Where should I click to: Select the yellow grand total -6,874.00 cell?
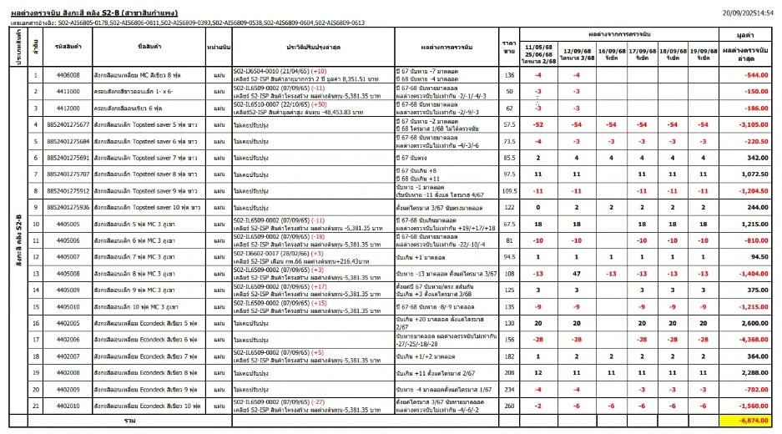point(749,421)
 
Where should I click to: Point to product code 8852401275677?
point(67,124)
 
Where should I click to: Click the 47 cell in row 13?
point(574,273)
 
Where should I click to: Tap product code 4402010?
point(67,405)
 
